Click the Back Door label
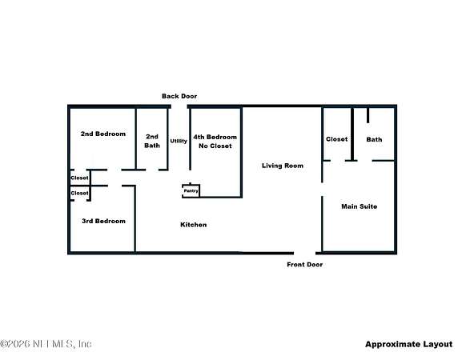tap(179, 96)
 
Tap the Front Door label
tap(304, 264)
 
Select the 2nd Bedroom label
tap(103, 134)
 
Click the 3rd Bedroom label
tap(103, 221)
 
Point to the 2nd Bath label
tap(152, 141)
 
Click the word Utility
tap(179, 141)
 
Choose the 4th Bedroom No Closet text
tap(215, 142)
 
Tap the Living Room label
tap(283, 166)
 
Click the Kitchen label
tap(194, 225)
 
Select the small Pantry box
tap(191, 191)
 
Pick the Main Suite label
tap(359, 206)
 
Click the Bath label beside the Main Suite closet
tap(374, 139)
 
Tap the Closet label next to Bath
tap(337, 139)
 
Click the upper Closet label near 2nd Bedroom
tap(79, 178)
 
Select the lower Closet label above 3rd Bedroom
tap(79, 193)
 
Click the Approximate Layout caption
tap(408, 344)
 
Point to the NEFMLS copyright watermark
tap(46, 344)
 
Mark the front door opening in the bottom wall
tap(304, 253)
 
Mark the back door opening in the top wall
tap(179, 106)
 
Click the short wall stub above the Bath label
tap(368, 115)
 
